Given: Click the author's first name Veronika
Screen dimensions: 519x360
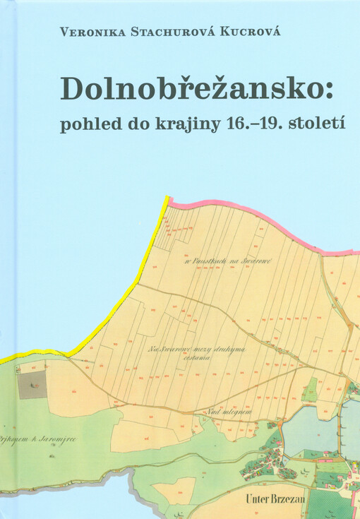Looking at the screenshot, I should [x=90, y=31].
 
